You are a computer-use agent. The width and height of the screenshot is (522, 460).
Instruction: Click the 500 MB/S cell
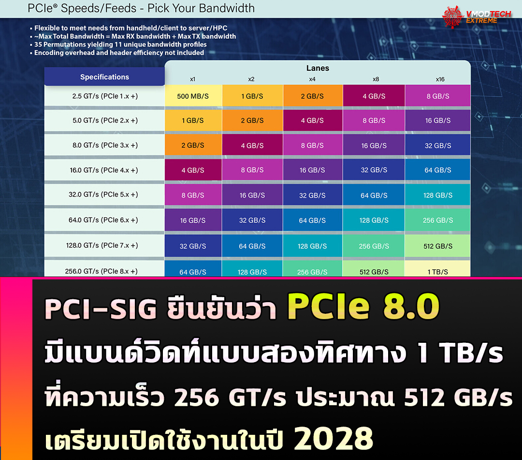193,96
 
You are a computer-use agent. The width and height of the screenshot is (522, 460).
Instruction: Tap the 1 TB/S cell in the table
437,272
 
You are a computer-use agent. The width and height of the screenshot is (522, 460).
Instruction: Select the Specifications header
104,77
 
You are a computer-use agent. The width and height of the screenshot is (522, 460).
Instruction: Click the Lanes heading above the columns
318,68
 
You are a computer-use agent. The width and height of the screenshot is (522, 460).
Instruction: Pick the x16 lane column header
439,79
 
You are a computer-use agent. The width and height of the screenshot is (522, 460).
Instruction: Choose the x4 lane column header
312,79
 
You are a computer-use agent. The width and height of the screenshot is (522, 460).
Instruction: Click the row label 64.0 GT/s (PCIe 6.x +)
103,220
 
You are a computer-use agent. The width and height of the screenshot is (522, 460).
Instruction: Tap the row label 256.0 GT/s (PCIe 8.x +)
101,271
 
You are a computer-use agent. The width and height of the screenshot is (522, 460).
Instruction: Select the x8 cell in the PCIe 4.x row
374,170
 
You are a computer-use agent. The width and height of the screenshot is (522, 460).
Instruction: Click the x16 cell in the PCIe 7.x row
438,246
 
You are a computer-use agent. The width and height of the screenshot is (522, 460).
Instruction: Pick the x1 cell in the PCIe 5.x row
193,195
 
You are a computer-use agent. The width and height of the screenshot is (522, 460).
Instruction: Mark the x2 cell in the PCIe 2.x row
252,121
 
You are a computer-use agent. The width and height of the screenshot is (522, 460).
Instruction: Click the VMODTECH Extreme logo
476,17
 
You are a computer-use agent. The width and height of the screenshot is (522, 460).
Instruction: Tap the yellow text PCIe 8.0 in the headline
363,307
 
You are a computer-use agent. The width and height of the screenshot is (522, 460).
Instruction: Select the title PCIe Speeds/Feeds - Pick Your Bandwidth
141,8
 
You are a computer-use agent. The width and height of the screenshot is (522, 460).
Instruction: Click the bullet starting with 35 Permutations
120,45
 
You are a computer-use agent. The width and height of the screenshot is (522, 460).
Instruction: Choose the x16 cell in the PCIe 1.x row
438,96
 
